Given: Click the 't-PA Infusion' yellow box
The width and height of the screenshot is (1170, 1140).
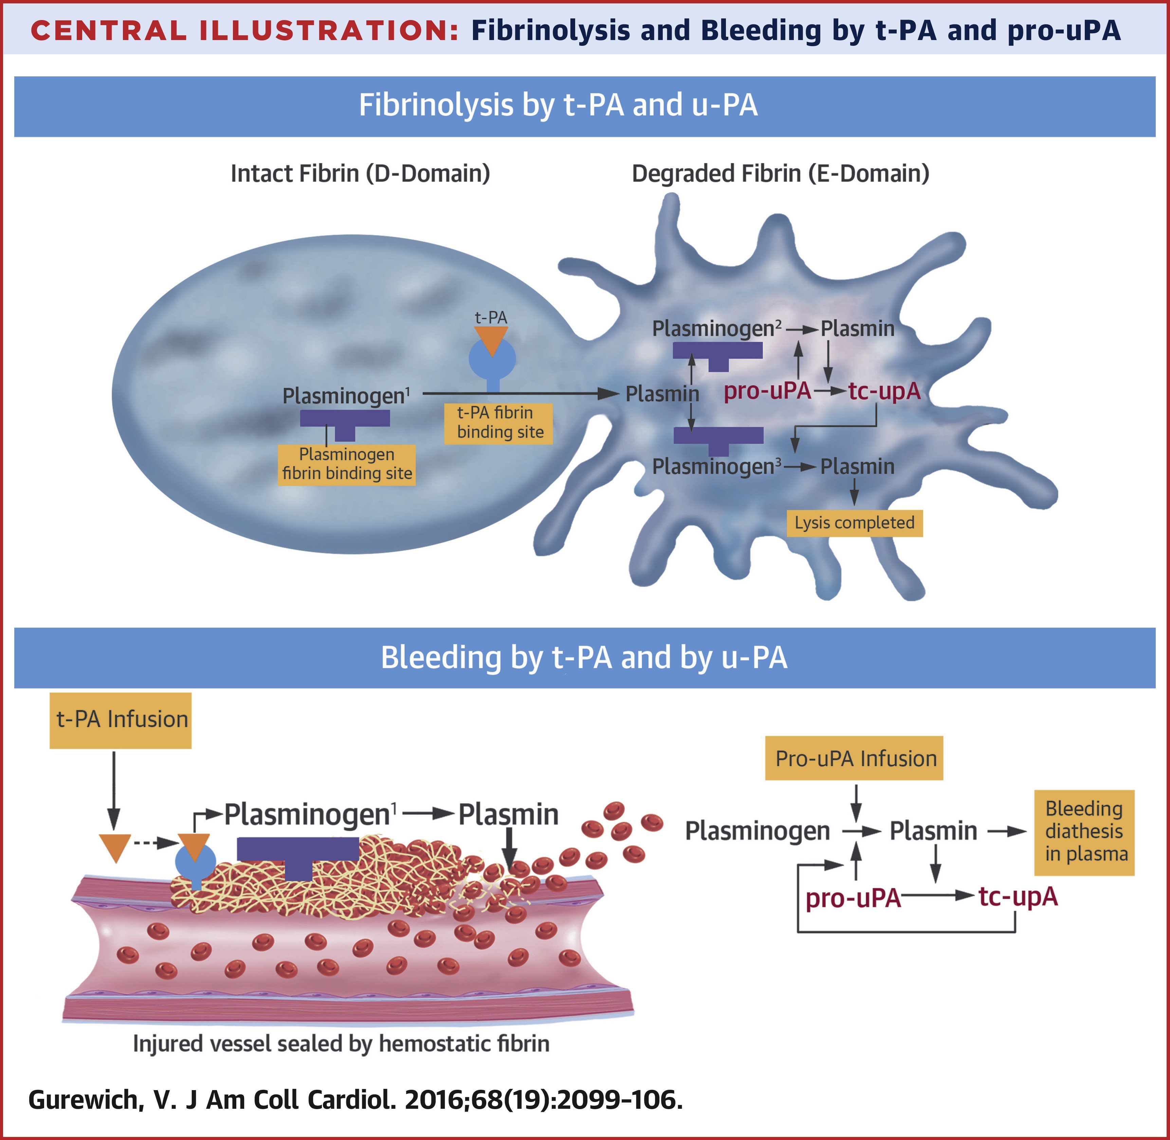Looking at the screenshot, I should (x=121, y=720).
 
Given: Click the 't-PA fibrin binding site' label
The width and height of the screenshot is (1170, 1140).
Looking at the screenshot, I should (x=498, y=423).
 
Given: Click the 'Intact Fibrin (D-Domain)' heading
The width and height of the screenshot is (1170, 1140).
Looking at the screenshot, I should (x=360, y=174).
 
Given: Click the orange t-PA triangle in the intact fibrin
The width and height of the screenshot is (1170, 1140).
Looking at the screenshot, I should (x=491, y=340).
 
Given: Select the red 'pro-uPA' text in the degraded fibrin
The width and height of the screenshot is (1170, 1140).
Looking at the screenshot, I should (x=767, y=392).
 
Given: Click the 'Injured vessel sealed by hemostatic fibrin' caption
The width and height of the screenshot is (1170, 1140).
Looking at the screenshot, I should (x=341, y=1044).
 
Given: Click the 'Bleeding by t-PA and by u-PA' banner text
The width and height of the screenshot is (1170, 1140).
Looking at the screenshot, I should (x=584, y=657).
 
